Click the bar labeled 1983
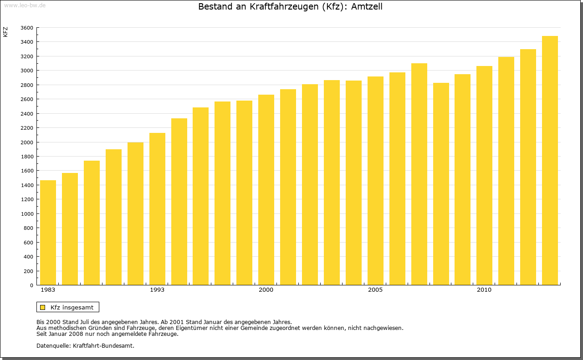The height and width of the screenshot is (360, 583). coord(48,233)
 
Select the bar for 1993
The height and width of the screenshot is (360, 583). coord(157,209)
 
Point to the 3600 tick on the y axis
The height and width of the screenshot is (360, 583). coord(27,28)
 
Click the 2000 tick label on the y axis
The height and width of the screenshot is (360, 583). coord(27,142)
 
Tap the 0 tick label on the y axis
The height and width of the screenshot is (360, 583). coord(31,285)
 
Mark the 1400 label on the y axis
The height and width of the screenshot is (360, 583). coord(27,185)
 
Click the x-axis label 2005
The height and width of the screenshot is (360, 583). coord(375,290)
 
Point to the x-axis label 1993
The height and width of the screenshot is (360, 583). coord(157,290)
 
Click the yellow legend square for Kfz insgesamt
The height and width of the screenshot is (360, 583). coord(42,307)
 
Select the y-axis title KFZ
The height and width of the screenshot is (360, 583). coord(5,32)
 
